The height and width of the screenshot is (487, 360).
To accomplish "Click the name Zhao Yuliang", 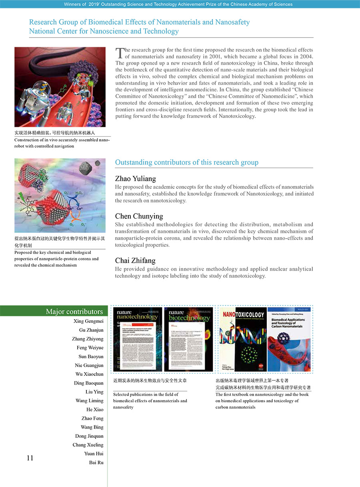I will (135, 179).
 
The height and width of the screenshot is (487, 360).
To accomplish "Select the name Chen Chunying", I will (139, 216).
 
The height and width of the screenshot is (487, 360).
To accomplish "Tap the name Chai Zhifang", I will (135, 261).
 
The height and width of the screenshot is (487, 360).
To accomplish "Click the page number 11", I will (30, 458).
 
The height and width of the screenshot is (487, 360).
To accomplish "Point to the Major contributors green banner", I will (54, 311).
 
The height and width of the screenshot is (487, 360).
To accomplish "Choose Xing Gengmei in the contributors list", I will (88, 321).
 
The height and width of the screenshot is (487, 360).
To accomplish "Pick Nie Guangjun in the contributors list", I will (89, 365).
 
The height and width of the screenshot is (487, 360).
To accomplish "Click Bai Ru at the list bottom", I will (96, 463).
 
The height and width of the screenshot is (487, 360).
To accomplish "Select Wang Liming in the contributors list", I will (89, 401).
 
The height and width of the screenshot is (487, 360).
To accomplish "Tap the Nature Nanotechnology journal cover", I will (138, 339).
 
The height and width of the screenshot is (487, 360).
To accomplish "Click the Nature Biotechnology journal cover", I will (188, 339).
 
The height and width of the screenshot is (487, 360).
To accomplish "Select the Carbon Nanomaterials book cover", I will (288, 339).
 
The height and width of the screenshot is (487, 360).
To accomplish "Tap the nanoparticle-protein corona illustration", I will (60, 196).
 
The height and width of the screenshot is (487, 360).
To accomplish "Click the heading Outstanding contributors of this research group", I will (186, 162).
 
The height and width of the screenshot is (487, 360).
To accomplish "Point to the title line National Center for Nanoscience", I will (104, 31).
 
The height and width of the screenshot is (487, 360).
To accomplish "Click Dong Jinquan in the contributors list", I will (89, 436).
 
